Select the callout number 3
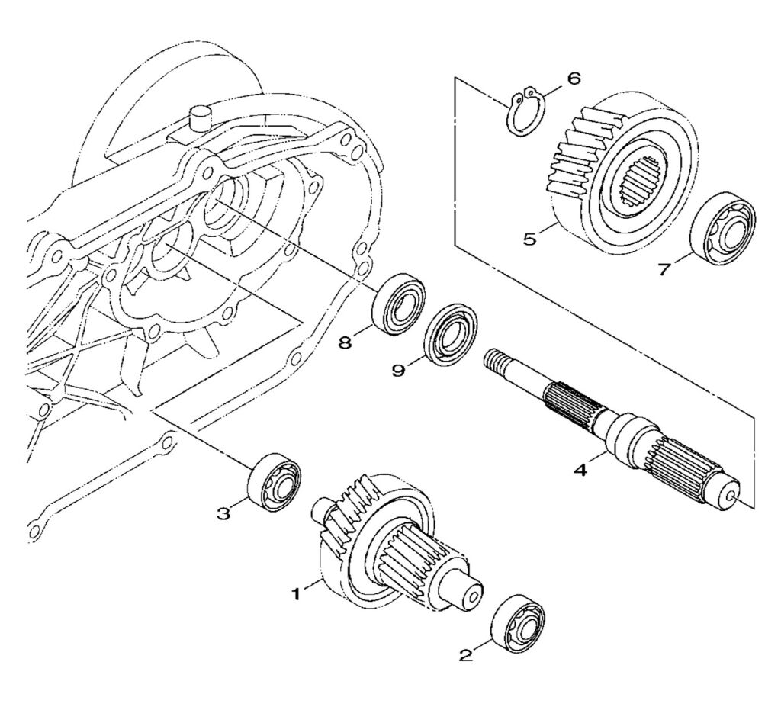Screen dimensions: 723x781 coord(223,513)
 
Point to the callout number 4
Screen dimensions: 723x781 coord(581,471)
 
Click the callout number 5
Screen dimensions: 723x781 coord(529,239)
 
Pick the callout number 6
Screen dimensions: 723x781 coord(574,79)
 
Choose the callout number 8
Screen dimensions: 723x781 coord(346,343)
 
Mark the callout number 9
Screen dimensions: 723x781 coord(397,370)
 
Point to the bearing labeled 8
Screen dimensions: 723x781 coord(398,305)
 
